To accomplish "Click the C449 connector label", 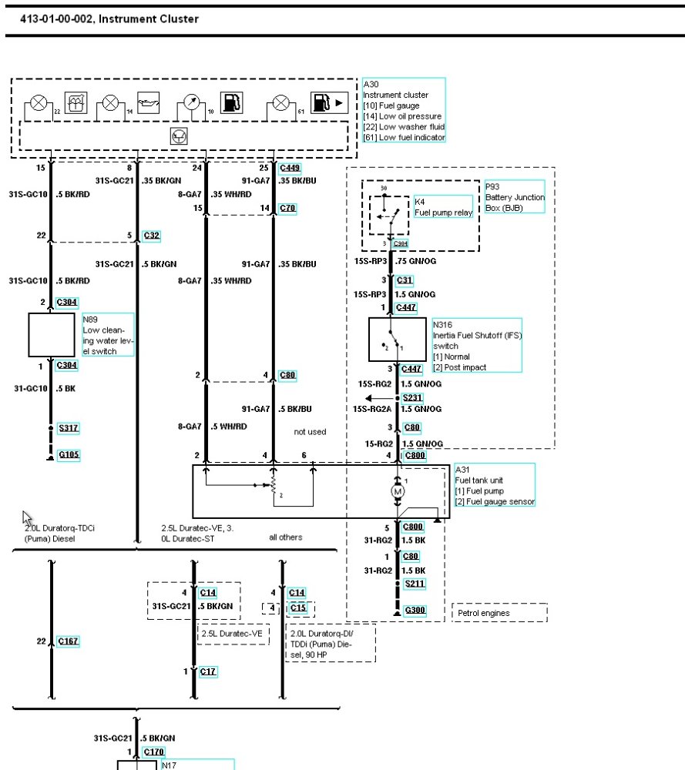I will pos(290,167).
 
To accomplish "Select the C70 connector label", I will pos(287,208).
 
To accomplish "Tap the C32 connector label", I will pos(152,236).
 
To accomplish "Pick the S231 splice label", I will pos(413,397).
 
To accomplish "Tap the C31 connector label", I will pos(405,280).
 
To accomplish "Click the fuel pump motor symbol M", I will pos(398,490).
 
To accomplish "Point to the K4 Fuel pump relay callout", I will pos(443,207).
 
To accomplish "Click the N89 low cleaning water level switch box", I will pos(51,334).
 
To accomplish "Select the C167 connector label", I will pos(68,641).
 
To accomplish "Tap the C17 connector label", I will pos(208,671).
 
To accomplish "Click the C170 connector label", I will pos(154,752).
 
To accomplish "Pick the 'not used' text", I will pos(310,432).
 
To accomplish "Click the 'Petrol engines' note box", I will pos(499,613).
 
